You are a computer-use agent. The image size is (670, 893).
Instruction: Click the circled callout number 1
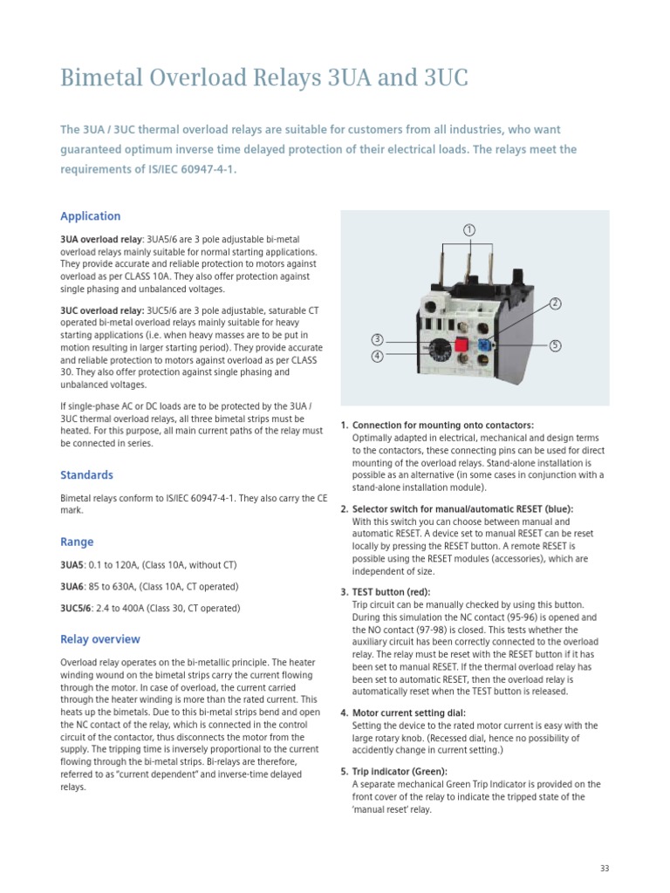point(468,230)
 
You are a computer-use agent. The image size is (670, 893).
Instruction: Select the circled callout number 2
point(555,303)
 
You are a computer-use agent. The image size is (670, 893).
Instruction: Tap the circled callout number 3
point(377,339)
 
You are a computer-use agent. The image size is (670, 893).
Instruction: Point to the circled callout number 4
point(377,356)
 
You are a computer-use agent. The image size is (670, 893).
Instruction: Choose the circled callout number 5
point(555,345)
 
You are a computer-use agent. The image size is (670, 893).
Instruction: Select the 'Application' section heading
point(90,216)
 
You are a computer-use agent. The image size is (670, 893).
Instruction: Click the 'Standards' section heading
point(86,475)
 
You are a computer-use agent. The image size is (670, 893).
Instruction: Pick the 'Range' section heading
point(77,542)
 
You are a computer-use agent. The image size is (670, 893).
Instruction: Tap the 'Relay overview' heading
point(99,639)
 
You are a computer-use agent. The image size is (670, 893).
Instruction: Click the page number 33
point(605,868)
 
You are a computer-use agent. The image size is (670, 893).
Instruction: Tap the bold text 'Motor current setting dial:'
point(407,712)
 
